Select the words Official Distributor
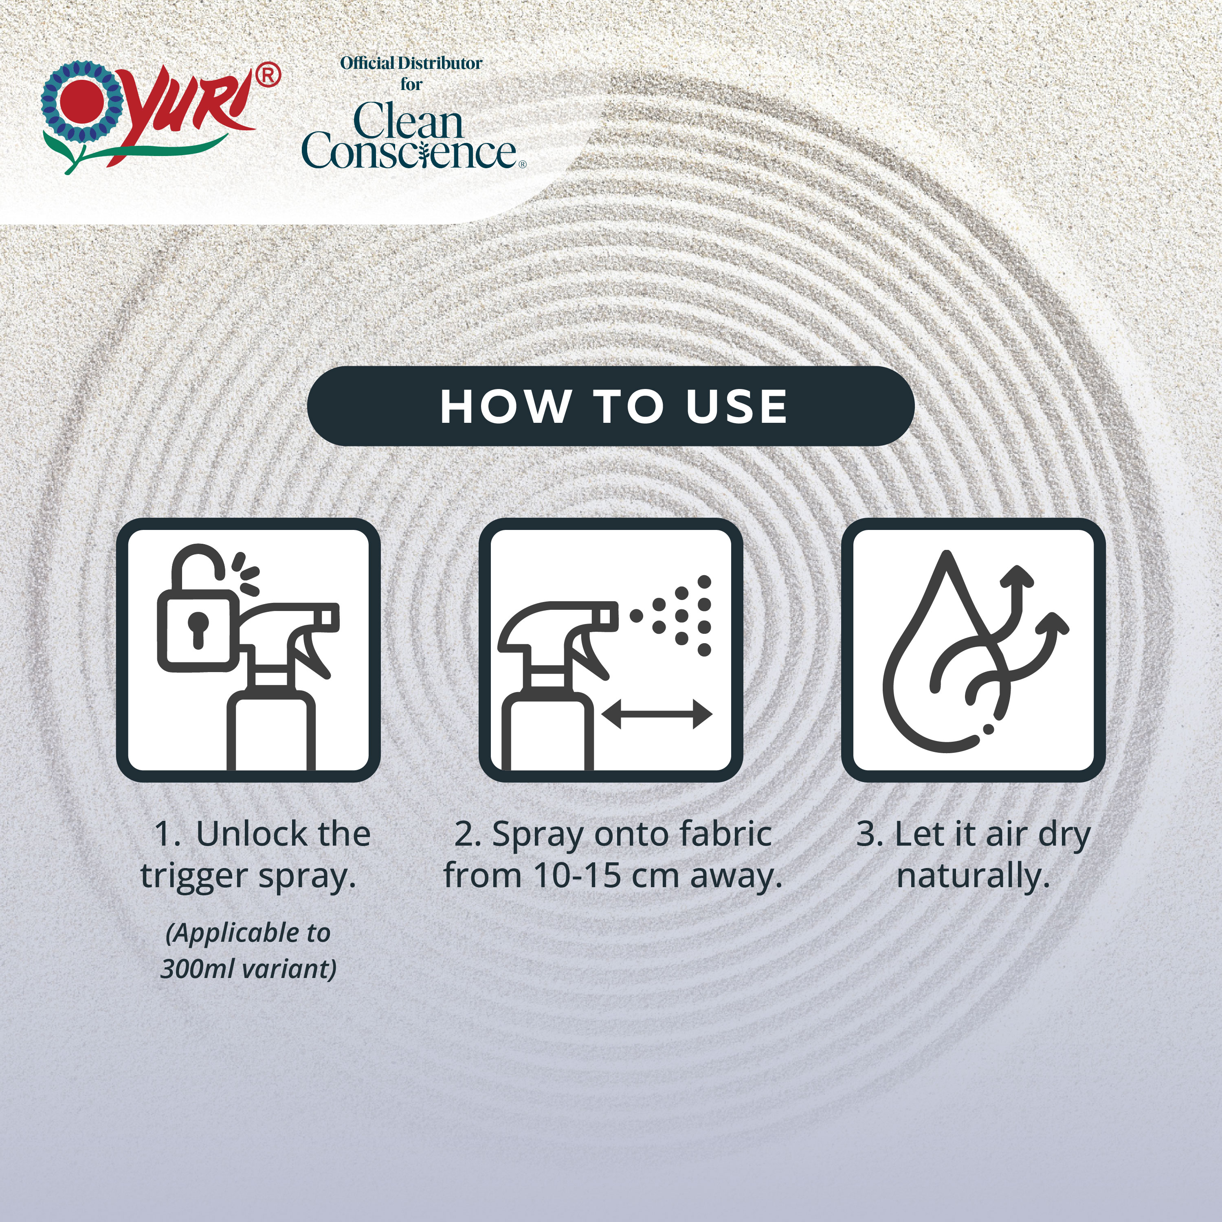tap(411, 63)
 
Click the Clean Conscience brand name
tap(411, 136)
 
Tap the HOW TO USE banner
tap(611, 406)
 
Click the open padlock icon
tap(197, 610)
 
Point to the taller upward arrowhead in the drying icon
tap(1018, 576)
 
